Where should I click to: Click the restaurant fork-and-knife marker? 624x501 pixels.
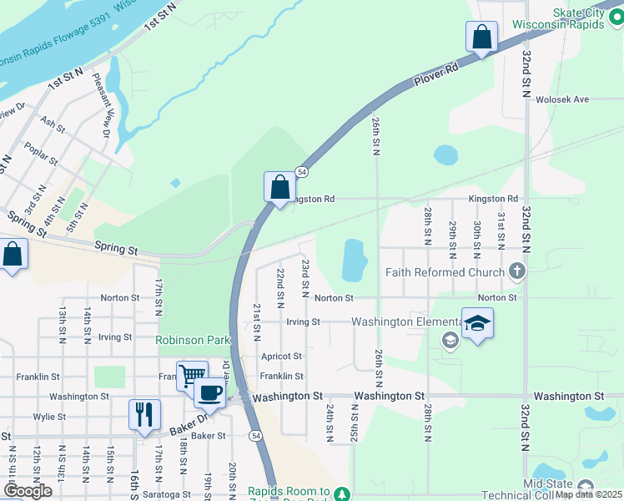(x=144, y=414)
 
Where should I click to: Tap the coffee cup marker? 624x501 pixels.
(x=209, y=392)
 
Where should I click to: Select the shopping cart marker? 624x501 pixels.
(x=192, y=376)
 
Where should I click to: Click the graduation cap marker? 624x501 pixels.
(x=477, y=323)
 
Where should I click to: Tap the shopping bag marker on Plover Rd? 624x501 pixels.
(x=481, y=37)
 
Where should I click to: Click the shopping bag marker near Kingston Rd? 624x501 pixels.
(x=280, y=187)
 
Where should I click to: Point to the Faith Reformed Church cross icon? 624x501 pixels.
(x=517, y=271)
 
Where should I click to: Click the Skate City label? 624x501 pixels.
(x=583, y=13)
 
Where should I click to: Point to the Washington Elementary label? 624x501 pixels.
(x=405, y=322)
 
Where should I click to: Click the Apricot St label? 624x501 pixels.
(x=281, y=357)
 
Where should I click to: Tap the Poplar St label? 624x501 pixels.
(x=41, y=155)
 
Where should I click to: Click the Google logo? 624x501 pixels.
(x=28, y=491)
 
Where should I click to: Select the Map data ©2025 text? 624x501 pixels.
(x=588, y=494)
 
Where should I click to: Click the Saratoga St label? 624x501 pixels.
(x=167, y=494)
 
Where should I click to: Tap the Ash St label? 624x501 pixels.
(x=53, y=125)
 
